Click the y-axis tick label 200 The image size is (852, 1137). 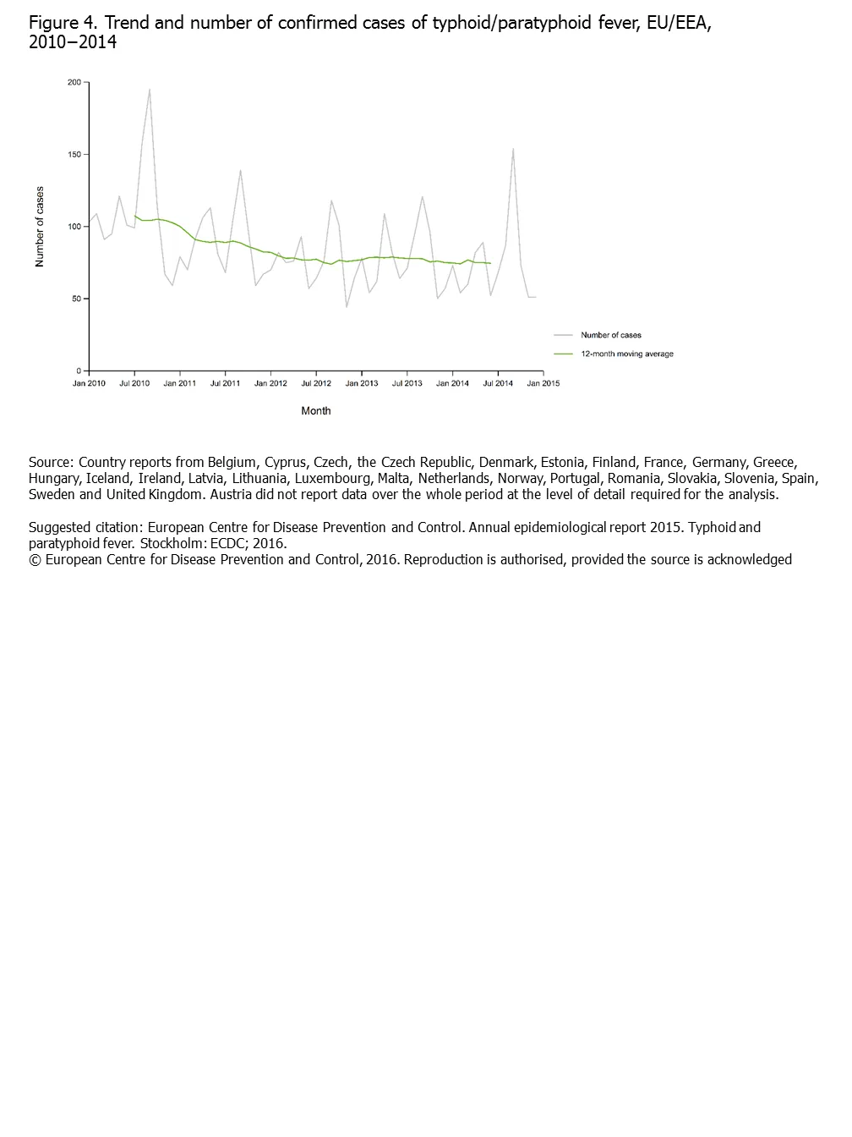point(74,82)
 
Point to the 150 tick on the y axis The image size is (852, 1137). point(74,155)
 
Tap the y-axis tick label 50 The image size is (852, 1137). point(75,299)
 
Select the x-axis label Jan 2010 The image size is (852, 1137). point(89,383)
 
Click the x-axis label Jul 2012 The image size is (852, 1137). point(316,383)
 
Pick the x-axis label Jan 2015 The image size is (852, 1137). point(543,383)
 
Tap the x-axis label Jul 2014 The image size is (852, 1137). point(498,383)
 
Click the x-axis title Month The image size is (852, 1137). point(316,411)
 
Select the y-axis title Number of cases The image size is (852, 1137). point(40,227)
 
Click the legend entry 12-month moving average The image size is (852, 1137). point(626,354)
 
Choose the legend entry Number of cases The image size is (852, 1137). point(610,335)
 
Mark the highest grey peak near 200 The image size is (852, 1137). point(150,89)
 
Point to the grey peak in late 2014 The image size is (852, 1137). point(513,149)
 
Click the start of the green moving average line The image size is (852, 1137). point(134,216)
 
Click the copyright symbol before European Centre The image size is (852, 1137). point(35,559)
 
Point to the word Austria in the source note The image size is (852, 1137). point(231,494)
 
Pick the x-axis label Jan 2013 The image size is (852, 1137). point(362,383)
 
